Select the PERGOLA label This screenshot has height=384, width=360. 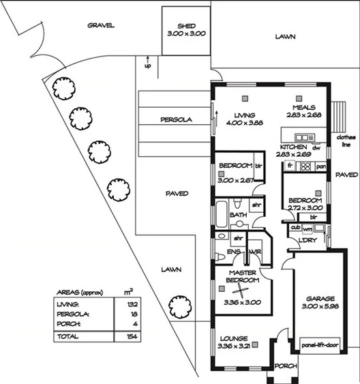click(x=176, y=119)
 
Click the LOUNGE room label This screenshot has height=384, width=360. click(x=233, y=338)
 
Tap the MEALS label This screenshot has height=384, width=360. click(x=303, y=108)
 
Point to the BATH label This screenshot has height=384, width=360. click(x=238, y=216)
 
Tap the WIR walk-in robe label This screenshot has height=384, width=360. click(x=256, y=252)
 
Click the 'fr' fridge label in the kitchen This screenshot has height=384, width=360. click(x=289, y=166)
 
